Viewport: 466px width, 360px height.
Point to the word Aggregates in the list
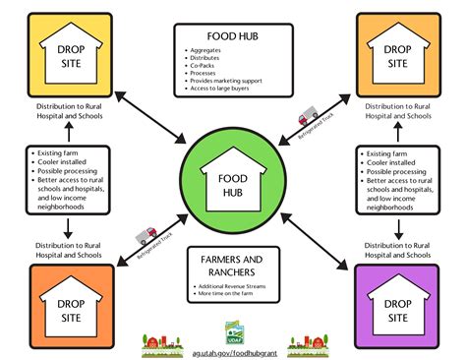[x=207, y=50]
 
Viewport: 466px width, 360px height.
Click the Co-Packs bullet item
[x=204, y=66]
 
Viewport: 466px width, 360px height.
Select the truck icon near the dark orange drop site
[x=148, y=234]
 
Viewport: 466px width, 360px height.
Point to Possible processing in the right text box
[x=394, y=172]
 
